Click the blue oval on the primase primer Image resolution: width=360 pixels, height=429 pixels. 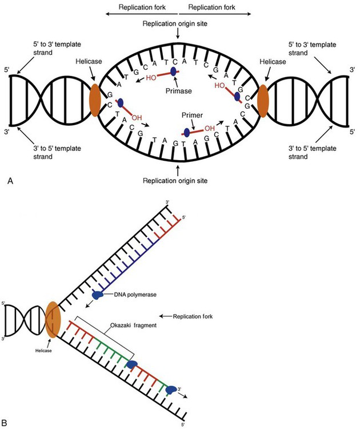tap(174, 71)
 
